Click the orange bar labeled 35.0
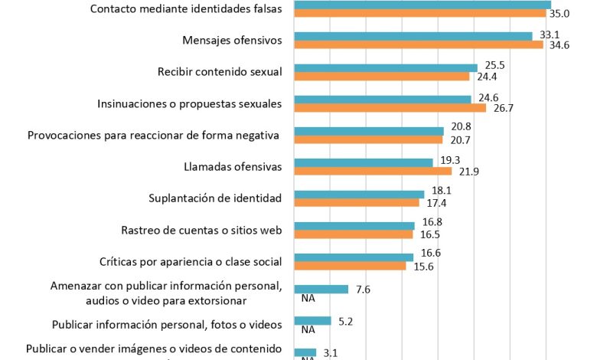[x=420, y=13]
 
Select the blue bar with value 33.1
[x=413, y=36]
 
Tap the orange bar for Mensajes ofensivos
[x=419, y=44]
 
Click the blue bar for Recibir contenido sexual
[x=386, y=67]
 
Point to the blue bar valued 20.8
[x=369, y=131]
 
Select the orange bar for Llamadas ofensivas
[x=373, y=171]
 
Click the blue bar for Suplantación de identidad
[x=359, y=194]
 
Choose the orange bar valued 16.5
[x=354, y=234]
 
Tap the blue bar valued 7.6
[x=321, y=289]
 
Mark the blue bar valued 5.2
[x=313, y=320]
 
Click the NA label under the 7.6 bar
[x=309, y=299]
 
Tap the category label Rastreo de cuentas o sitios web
[x=202, y=230]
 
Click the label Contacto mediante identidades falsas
[x=186, y=9]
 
